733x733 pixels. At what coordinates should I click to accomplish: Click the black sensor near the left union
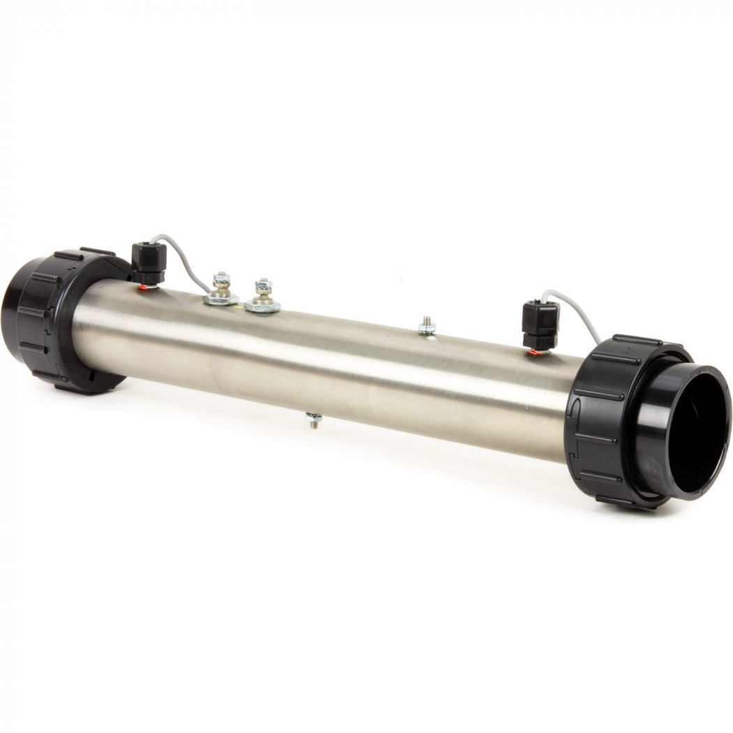(x=148, y=265)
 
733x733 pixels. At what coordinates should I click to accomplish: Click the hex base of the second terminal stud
(x=262, y=306)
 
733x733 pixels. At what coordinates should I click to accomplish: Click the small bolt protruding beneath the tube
(x=314, y=420)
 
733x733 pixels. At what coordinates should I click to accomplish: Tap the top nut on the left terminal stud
(x=221, y=276)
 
